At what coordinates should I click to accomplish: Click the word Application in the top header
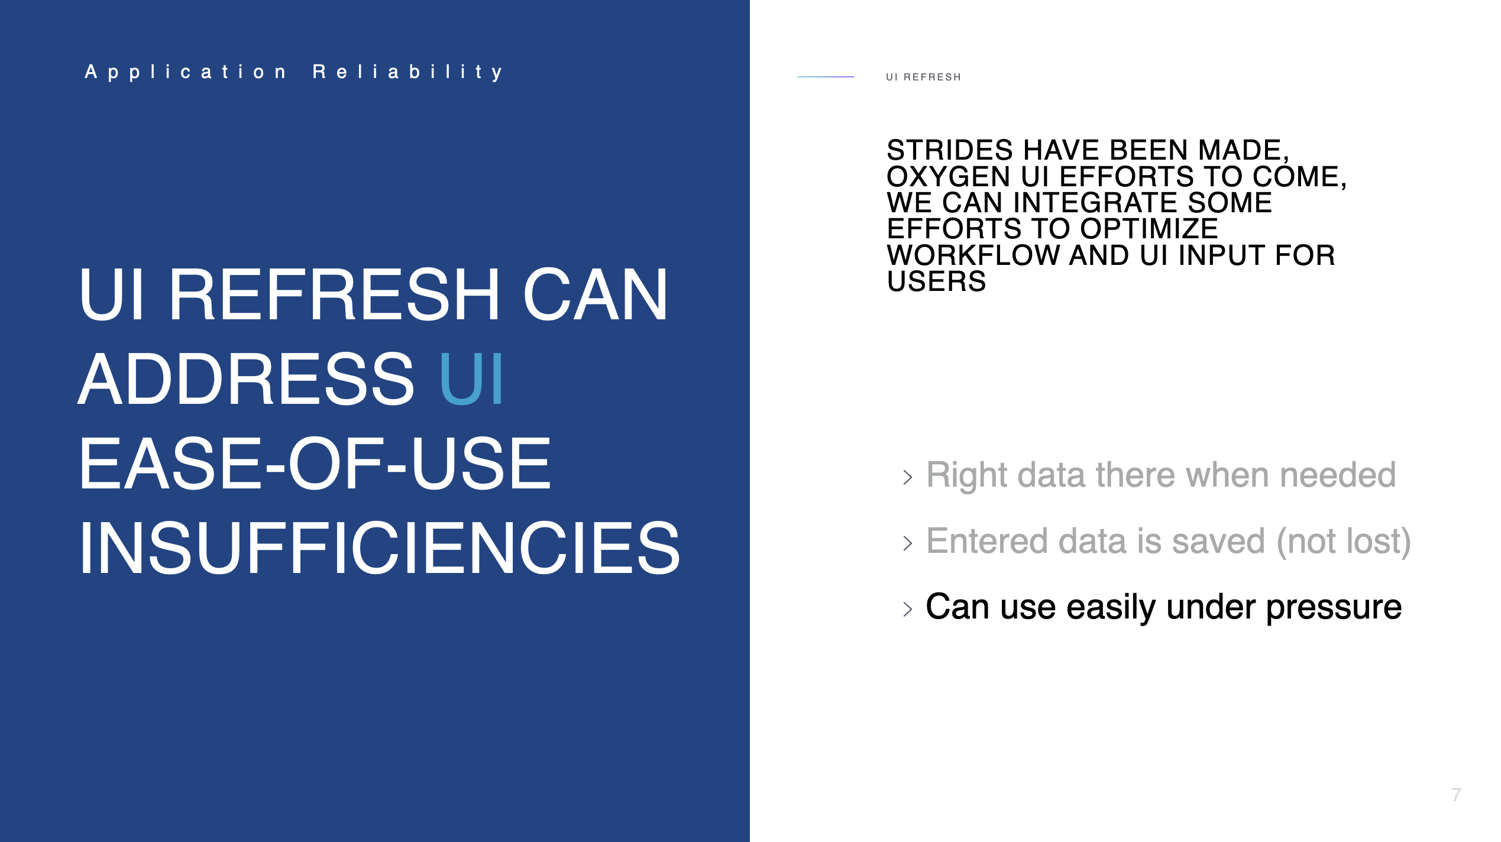click(x=186, y=72)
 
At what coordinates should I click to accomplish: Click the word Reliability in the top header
click(x=408, y=72)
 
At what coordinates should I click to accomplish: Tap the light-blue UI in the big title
click(x=471, y=378)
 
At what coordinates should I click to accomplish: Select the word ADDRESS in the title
click(x=247, y=378)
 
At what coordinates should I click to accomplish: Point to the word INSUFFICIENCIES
click(x=380, y=548)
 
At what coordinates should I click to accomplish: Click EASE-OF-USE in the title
click(x=315, y=463)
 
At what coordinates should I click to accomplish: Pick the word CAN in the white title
click(x=596, y=294)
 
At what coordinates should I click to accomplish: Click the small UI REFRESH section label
click(x=923, y=77)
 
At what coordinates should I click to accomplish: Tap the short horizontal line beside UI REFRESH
click(x=825, y=77)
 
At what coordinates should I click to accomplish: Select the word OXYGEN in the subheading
click(x=949, y=177)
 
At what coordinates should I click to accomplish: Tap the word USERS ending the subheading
click(x=936, y=281)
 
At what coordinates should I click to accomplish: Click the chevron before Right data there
click(x=908, y=477)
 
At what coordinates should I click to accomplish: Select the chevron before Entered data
click(x=908, y=543)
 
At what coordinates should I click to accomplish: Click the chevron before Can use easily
click(x=908, y=609)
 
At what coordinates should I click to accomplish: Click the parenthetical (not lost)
click(x=1344, y=542)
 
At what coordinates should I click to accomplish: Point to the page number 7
click(x=1456, y=795)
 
